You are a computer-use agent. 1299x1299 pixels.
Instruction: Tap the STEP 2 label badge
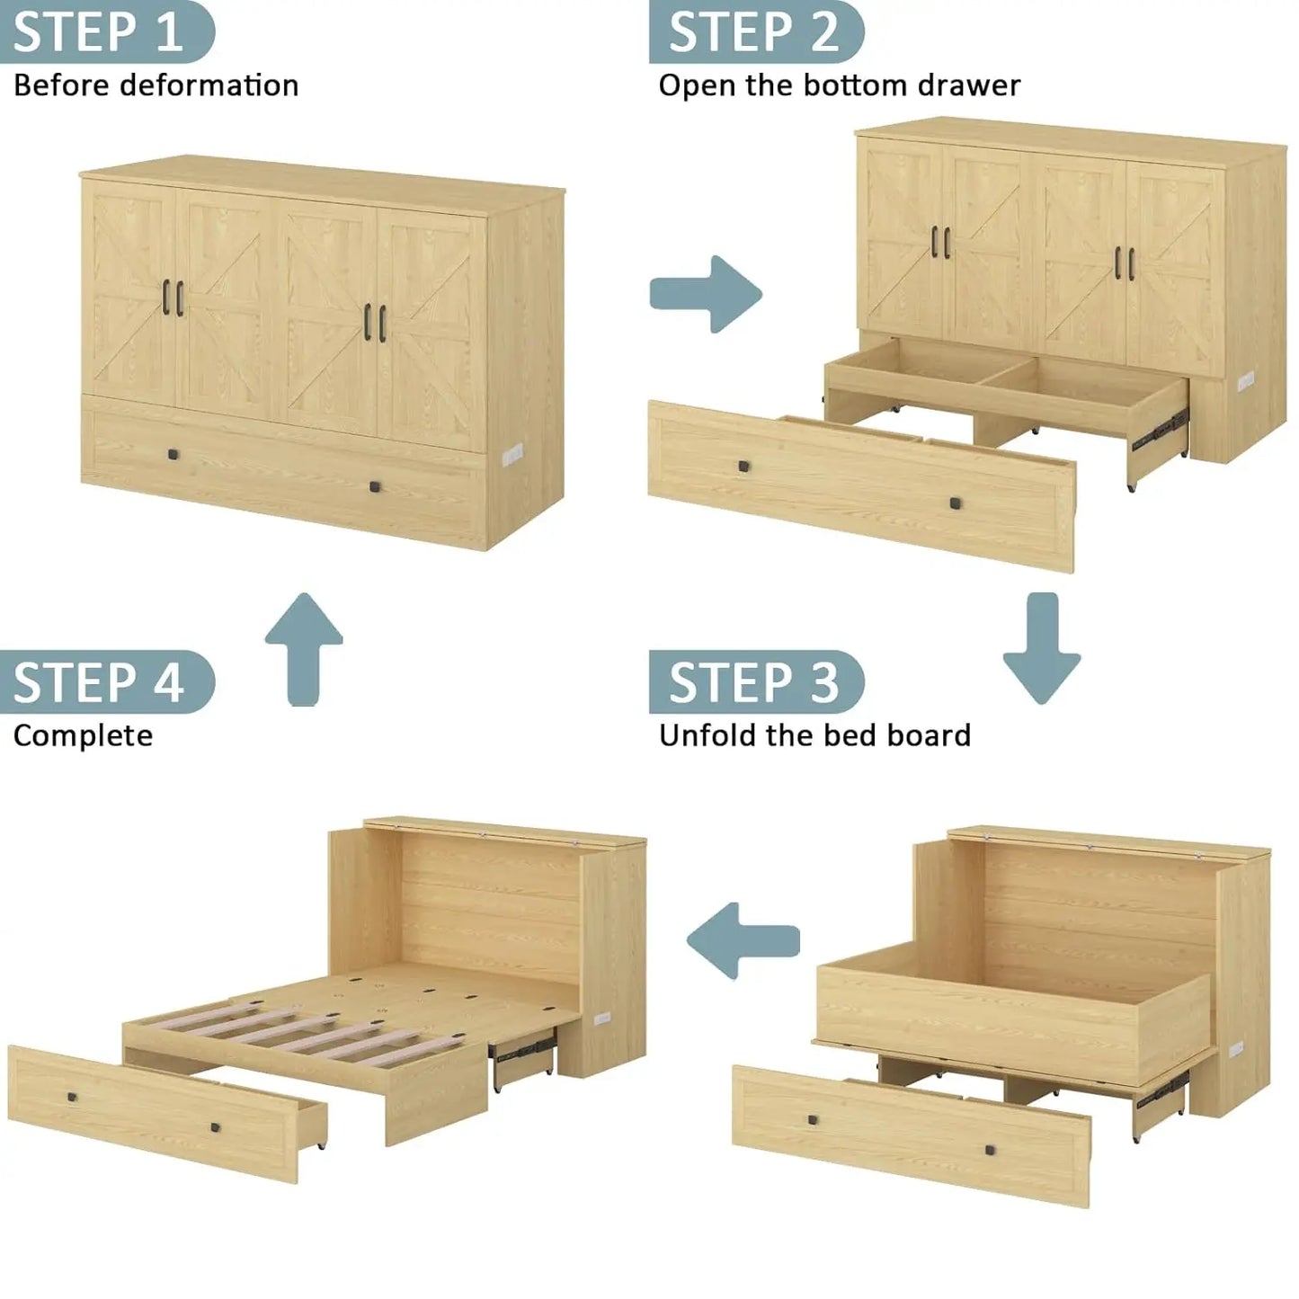click(x=755, y=31)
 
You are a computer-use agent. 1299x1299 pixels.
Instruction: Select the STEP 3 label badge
click(x=755, y=681)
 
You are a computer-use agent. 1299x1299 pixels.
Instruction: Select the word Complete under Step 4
click(x=83, y=735)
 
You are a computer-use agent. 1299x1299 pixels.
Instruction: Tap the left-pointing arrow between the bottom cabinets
click(x=742, y=940)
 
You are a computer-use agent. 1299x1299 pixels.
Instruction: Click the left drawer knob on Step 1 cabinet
click(x=172, y=454)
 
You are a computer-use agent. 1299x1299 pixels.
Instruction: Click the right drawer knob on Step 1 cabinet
click(x=375, y=486)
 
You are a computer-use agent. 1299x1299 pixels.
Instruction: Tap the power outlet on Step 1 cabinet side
click(x=512, y=452)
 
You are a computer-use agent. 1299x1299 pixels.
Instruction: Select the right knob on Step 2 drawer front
click(x=955, y=503)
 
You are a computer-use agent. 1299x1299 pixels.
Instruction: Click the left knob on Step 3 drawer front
click(x=813, y=1120)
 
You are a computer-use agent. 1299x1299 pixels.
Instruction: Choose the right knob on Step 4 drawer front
click(x=216, y=1127)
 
